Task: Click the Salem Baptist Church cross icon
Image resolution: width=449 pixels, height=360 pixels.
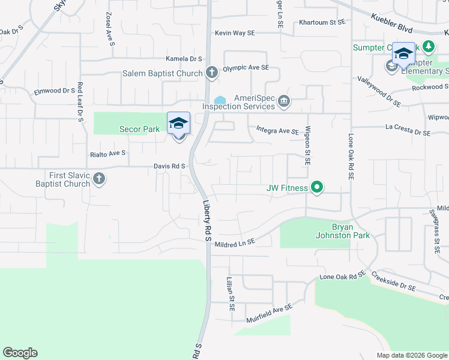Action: coord(211,73)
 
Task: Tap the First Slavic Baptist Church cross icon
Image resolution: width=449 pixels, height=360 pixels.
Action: coord(100,179)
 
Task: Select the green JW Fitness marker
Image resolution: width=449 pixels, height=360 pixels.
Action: coord(317,188)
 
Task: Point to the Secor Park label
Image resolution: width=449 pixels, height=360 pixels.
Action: coord(139,128)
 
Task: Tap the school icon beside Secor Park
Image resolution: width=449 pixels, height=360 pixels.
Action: coord(178,124)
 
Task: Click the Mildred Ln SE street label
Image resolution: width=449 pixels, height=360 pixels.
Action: coord(235,241)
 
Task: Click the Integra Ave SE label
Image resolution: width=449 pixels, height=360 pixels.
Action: coord(277,130)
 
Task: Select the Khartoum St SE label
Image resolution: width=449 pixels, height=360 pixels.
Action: coord(322,22)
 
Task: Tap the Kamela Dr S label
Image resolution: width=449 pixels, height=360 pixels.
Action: coord(184,59)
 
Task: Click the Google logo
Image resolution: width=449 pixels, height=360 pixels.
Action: coord(20,353)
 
